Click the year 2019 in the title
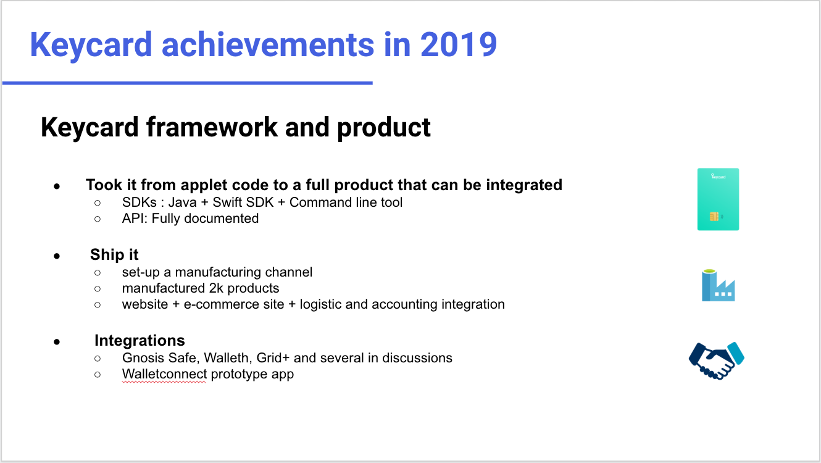click(x=459, y=44)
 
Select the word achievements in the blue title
click(x=267, y=44)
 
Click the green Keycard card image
click(x=718, y=199)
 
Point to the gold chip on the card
click(x=714, y=217)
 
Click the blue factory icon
click(x=719, y=285)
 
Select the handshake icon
click(x=717, y=361)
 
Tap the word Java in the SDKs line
click(x=183, y=202)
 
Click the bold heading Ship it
click(x=114, y=254)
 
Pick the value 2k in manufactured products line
click(x=216, y=288)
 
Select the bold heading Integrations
click(x=140, y=341)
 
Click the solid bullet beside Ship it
click(x=56, y=256)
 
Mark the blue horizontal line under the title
click(x=187, y=83)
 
